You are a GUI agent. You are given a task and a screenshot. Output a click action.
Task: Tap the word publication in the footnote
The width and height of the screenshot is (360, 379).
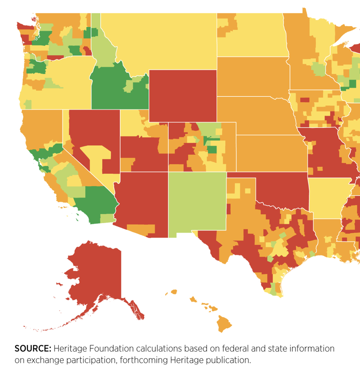228,360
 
